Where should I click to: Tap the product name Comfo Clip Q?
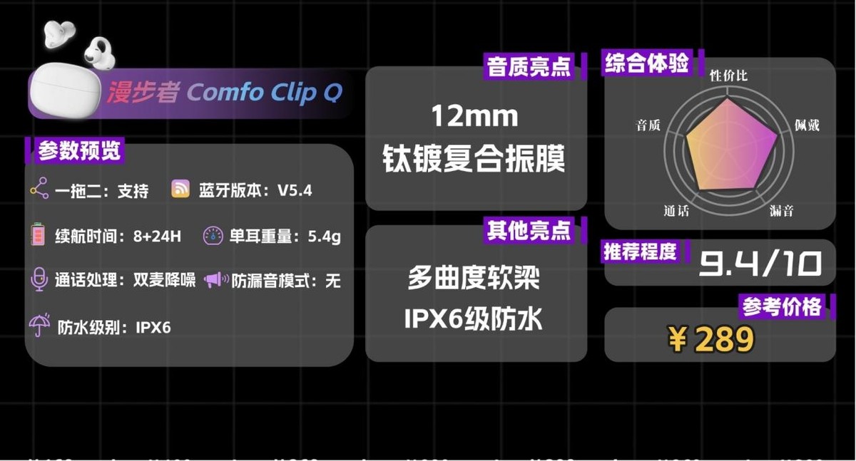(265, 93)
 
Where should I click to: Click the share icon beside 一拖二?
(39, 190)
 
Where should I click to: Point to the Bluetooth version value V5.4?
(295, 190)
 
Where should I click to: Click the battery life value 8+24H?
(157, 237)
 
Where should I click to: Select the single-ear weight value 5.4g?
(324, 237)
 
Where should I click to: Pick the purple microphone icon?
(39, 279)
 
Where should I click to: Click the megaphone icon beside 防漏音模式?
(215, 280)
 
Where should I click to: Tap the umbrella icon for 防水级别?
(39, 326)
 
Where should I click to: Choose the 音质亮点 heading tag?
(529, 67)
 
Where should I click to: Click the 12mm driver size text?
(474, 116)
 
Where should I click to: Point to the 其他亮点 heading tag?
(529, 230)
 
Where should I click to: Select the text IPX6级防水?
(474, 319)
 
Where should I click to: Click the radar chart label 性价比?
(728, 75)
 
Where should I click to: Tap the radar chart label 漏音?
(782, 211)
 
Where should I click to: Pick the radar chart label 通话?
(677, 211)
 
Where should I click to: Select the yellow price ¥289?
(711, 340)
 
